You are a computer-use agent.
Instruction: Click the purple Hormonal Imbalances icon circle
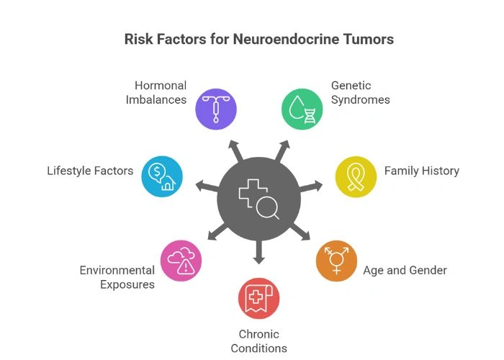pos(216,109)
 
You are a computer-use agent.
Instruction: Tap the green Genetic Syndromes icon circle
pos(301,109)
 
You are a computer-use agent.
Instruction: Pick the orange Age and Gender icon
pos(336,260)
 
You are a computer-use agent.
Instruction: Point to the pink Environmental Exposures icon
pos(181,260)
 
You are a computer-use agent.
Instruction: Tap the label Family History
pos(421,171)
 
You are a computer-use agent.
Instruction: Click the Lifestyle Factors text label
pos(90,171)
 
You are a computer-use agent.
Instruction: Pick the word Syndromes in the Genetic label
pos(361,99)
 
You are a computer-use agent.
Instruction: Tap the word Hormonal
pos(161,86)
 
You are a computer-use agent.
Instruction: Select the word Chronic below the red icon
pos(258,335)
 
